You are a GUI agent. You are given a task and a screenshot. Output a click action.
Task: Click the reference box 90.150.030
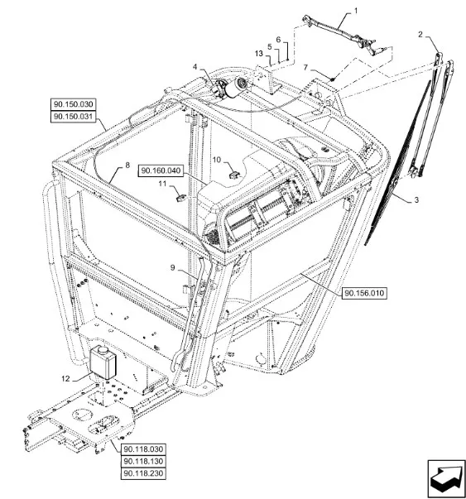(x=73, y=104)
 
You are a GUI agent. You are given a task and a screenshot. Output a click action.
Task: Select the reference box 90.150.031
(x=73, y=117)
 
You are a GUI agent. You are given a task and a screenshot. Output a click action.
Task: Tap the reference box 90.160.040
(x=161, y=171)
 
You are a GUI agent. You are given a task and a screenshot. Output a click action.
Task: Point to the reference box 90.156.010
(x=364, y=293)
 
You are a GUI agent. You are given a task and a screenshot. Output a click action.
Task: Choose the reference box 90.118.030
(x=143, y=449)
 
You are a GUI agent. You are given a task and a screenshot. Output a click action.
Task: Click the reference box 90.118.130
(x=143, y=462)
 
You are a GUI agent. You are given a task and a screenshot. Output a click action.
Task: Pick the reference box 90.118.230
(x=143, y=473)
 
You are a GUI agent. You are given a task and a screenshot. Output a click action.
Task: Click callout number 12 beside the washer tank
(x=65, y=379)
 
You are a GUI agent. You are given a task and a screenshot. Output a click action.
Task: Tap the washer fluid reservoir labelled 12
(x=103, y=362)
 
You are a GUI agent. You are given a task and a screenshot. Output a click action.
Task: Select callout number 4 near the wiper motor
(x=195, y=67)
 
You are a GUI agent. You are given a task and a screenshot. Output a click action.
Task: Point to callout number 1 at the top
(x=356, y=11)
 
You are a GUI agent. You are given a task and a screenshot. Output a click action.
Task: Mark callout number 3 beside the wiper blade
(x=416, y=200)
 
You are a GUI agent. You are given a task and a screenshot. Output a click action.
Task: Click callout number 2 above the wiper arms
(x=420, y=35)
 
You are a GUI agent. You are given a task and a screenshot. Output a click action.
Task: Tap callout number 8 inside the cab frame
(x=127, y=166)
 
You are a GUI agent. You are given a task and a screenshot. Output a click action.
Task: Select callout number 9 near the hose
(x=173, y=267)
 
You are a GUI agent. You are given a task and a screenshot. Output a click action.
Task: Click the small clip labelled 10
(x=235, y=175)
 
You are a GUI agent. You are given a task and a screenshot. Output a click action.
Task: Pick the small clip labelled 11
(x=180, y=198)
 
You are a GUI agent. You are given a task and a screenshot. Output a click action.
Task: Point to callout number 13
(x=259, y=54)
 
